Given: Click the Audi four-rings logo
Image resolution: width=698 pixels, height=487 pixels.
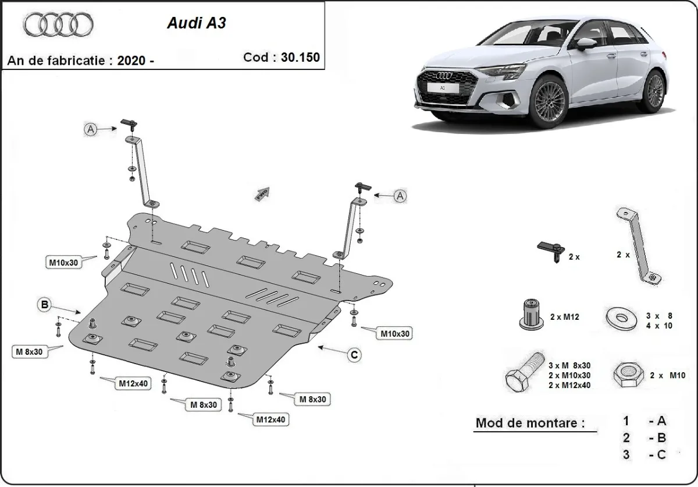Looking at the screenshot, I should point(58,24).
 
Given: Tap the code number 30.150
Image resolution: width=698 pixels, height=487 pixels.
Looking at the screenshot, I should point(301,57).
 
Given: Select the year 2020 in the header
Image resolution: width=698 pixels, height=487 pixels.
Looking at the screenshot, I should point(129,61).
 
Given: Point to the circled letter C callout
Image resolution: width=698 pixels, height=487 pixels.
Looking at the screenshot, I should point(353,354).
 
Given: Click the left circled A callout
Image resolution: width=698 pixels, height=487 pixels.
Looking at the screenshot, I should point(91,130).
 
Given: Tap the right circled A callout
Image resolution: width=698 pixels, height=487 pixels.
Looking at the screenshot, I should point(400,196).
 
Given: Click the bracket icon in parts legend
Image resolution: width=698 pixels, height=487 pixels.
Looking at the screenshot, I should point(637,247).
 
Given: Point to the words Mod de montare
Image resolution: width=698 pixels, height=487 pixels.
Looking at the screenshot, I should point(530,423).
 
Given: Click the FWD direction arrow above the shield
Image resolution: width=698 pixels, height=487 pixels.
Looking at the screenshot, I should point(263,193).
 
